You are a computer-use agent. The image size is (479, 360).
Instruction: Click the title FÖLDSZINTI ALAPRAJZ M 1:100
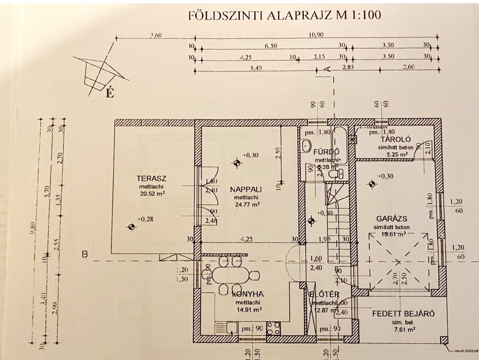(x=285, y=16)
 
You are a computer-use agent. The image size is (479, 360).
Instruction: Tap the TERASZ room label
(x=151, y=178)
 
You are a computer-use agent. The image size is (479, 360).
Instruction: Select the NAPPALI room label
(x=246, y=190)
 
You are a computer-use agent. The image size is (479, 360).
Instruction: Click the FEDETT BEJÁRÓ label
(x=403, y=314)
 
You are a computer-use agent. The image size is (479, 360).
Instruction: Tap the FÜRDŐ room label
(x=327, y=152)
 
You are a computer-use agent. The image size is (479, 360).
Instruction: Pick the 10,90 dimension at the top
(x=316, y=34)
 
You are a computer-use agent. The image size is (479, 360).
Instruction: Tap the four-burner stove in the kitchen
(x=273, y=329)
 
